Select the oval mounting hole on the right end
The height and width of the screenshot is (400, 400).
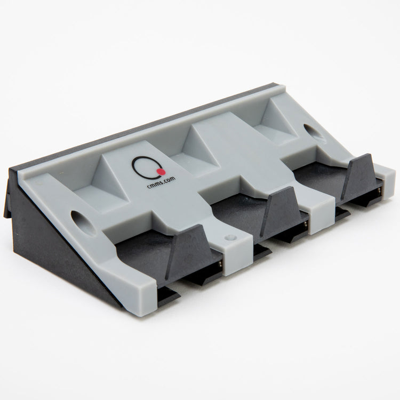(x=311, y=132)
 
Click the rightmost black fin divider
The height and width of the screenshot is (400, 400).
(x=361, y=174)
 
